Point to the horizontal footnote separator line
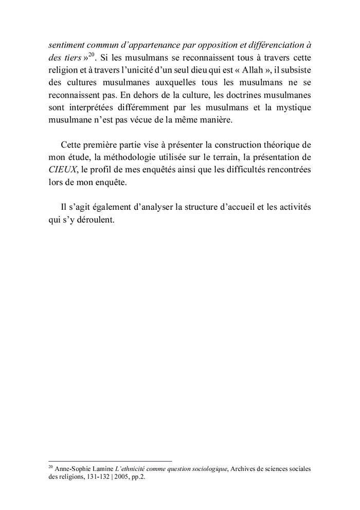click(109, 461)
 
